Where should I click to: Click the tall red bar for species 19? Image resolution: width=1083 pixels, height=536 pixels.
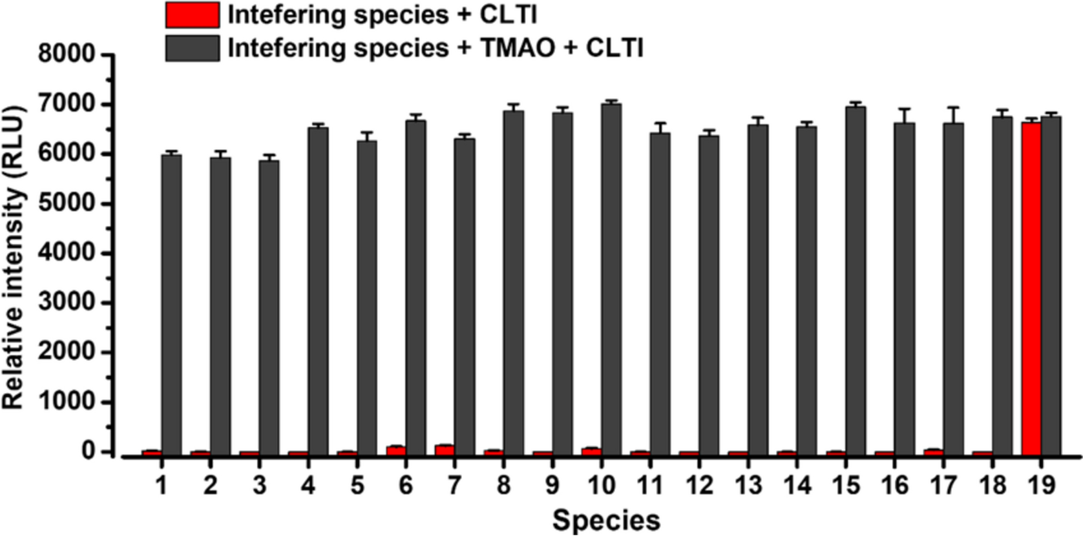(x=1031, y=288)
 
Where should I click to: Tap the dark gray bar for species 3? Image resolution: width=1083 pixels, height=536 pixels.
(x=269, y=307)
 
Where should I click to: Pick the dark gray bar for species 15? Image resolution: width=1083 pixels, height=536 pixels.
(x=856, y=280)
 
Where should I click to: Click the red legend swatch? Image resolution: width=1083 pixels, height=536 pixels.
(x=192, y=15)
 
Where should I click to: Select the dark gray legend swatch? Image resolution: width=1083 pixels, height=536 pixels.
(x=192, y=48)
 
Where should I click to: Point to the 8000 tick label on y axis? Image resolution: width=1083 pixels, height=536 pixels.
(x=67, y=54)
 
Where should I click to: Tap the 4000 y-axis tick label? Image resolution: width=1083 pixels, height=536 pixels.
(x=67, y=253)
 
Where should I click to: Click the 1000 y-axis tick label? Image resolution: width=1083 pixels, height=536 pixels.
(x=67, y=402)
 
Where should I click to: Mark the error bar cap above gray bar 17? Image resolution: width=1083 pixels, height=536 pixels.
(x=954, y=108)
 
